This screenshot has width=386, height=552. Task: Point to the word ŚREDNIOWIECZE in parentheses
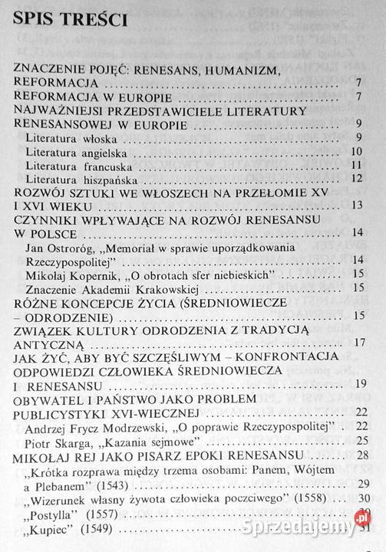pyautogui.click(x=242, y=302)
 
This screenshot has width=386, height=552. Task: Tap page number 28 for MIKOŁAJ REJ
pyautogui.click(x=356, y=455)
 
